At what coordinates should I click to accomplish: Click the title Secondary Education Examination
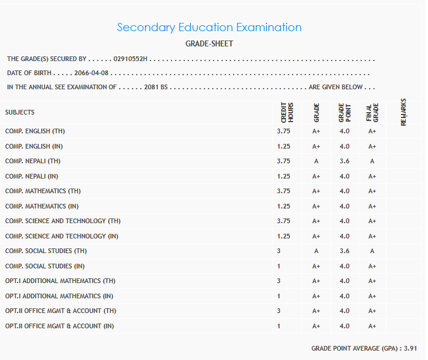click(209, 28)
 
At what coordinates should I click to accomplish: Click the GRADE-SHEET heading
click(209, 44)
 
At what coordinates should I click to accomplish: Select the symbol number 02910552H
click(132, 59)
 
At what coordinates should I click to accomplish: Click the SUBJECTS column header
click(20, 112)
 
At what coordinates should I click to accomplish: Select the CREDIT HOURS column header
click(287, 113)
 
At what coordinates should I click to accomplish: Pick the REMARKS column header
click(403, 112)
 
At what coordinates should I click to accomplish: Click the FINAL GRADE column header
click(372, 113)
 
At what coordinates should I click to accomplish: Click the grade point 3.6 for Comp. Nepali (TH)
click(344, 162)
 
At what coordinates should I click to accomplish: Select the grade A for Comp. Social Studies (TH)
click(316, 251)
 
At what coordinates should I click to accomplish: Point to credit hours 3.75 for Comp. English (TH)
click(284, 132)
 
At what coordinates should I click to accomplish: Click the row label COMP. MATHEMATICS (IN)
click(42, 207)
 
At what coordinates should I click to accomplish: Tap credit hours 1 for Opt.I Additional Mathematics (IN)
click(279, 296)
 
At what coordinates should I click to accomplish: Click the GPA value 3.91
click(410, 348)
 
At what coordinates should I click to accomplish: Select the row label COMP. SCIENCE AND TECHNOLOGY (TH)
click(63, 221)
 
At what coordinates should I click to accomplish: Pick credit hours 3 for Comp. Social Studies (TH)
click(279, 251)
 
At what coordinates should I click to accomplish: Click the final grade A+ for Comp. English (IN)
click(372, 146)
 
